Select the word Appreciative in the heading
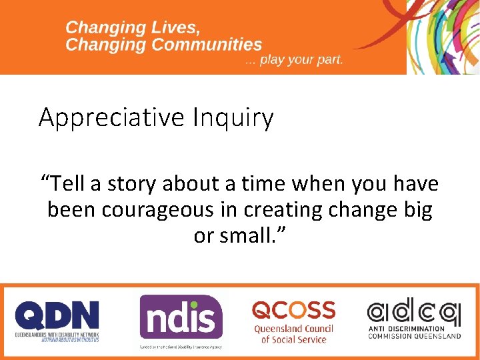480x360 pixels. (x=112, y=118)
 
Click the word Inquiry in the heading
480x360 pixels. (x=233, y=118)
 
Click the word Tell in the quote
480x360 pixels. (x=65, y=183)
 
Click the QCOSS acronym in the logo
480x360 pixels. (x=293, y=310)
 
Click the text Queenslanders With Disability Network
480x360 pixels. (x=57, y=334)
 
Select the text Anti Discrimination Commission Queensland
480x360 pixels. (x=413, y=332)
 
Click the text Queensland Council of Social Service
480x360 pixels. (x=293, y=334)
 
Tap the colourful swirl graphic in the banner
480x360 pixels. (x=443, y=37)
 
